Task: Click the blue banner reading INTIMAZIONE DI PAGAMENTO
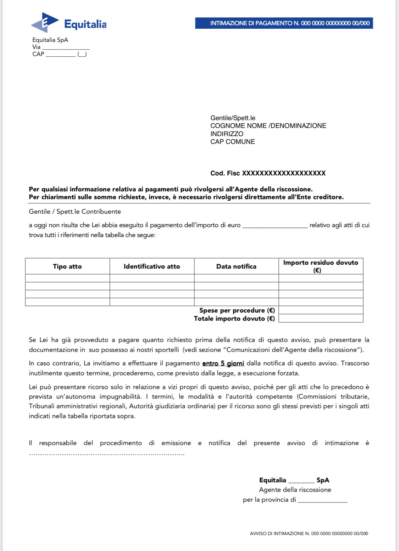[x=284, y=23]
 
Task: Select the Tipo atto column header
[x=67, y=266]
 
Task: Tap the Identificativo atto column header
[x=152, y=266]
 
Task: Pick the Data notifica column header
[x=236, y=266]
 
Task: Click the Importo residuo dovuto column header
[x=321, y=266]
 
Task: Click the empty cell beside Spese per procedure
[x=321, y=310]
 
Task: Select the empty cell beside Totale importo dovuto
[x=321, y=319]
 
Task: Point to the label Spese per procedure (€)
[x=237, y=310]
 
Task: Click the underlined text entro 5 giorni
[x=223, y=363]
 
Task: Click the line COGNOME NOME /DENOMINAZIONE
[x=268, y=126]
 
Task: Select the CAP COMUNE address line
[x=233, y=142]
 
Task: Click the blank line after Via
[x=66, y=47]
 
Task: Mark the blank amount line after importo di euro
[x=275, y=226]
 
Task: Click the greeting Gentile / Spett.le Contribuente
[x=75, y=212]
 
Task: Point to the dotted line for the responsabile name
[x=106, y=454]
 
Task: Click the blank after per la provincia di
[x=322, y=501]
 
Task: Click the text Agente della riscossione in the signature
[x=295, y=490]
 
